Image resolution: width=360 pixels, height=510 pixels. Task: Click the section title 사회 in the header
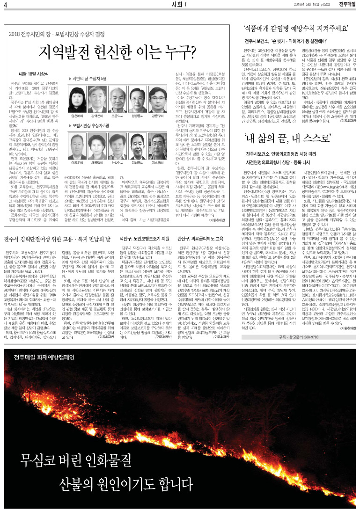(178, 5)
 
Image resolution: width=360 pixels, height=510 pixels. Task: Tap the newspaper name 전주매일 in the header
(347, 5)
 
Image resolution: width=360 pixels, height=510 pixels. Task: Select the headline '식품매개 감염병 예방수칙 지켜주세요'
(295, 28)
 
